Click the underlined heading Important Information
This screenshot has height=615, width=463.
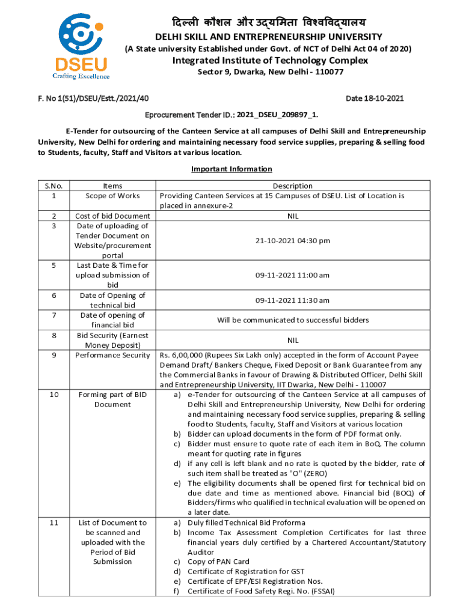[231, 169]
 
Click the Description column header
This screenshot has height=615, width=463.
[292, 186]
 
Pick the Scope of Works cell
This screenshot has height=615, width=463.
[112, 196]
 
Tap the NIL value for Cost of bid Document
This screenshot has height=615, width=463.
[292, 216]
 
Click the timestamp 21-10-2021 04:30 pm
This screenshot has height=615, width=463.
[292, 241]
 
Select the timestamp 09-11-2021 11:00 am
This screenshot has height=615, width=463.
[292, 275]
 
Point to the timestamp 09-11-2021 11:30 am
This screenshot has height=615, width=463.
[292, 300]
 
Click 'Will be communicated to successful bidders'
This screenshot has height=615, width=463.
[292, 320]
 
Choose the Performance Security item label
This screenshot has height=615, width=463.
[112, 355]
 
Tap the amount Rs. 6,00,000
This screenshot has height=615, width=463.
[185, 355]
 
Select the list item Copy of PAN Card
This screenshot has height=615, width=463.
[218, 562]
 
